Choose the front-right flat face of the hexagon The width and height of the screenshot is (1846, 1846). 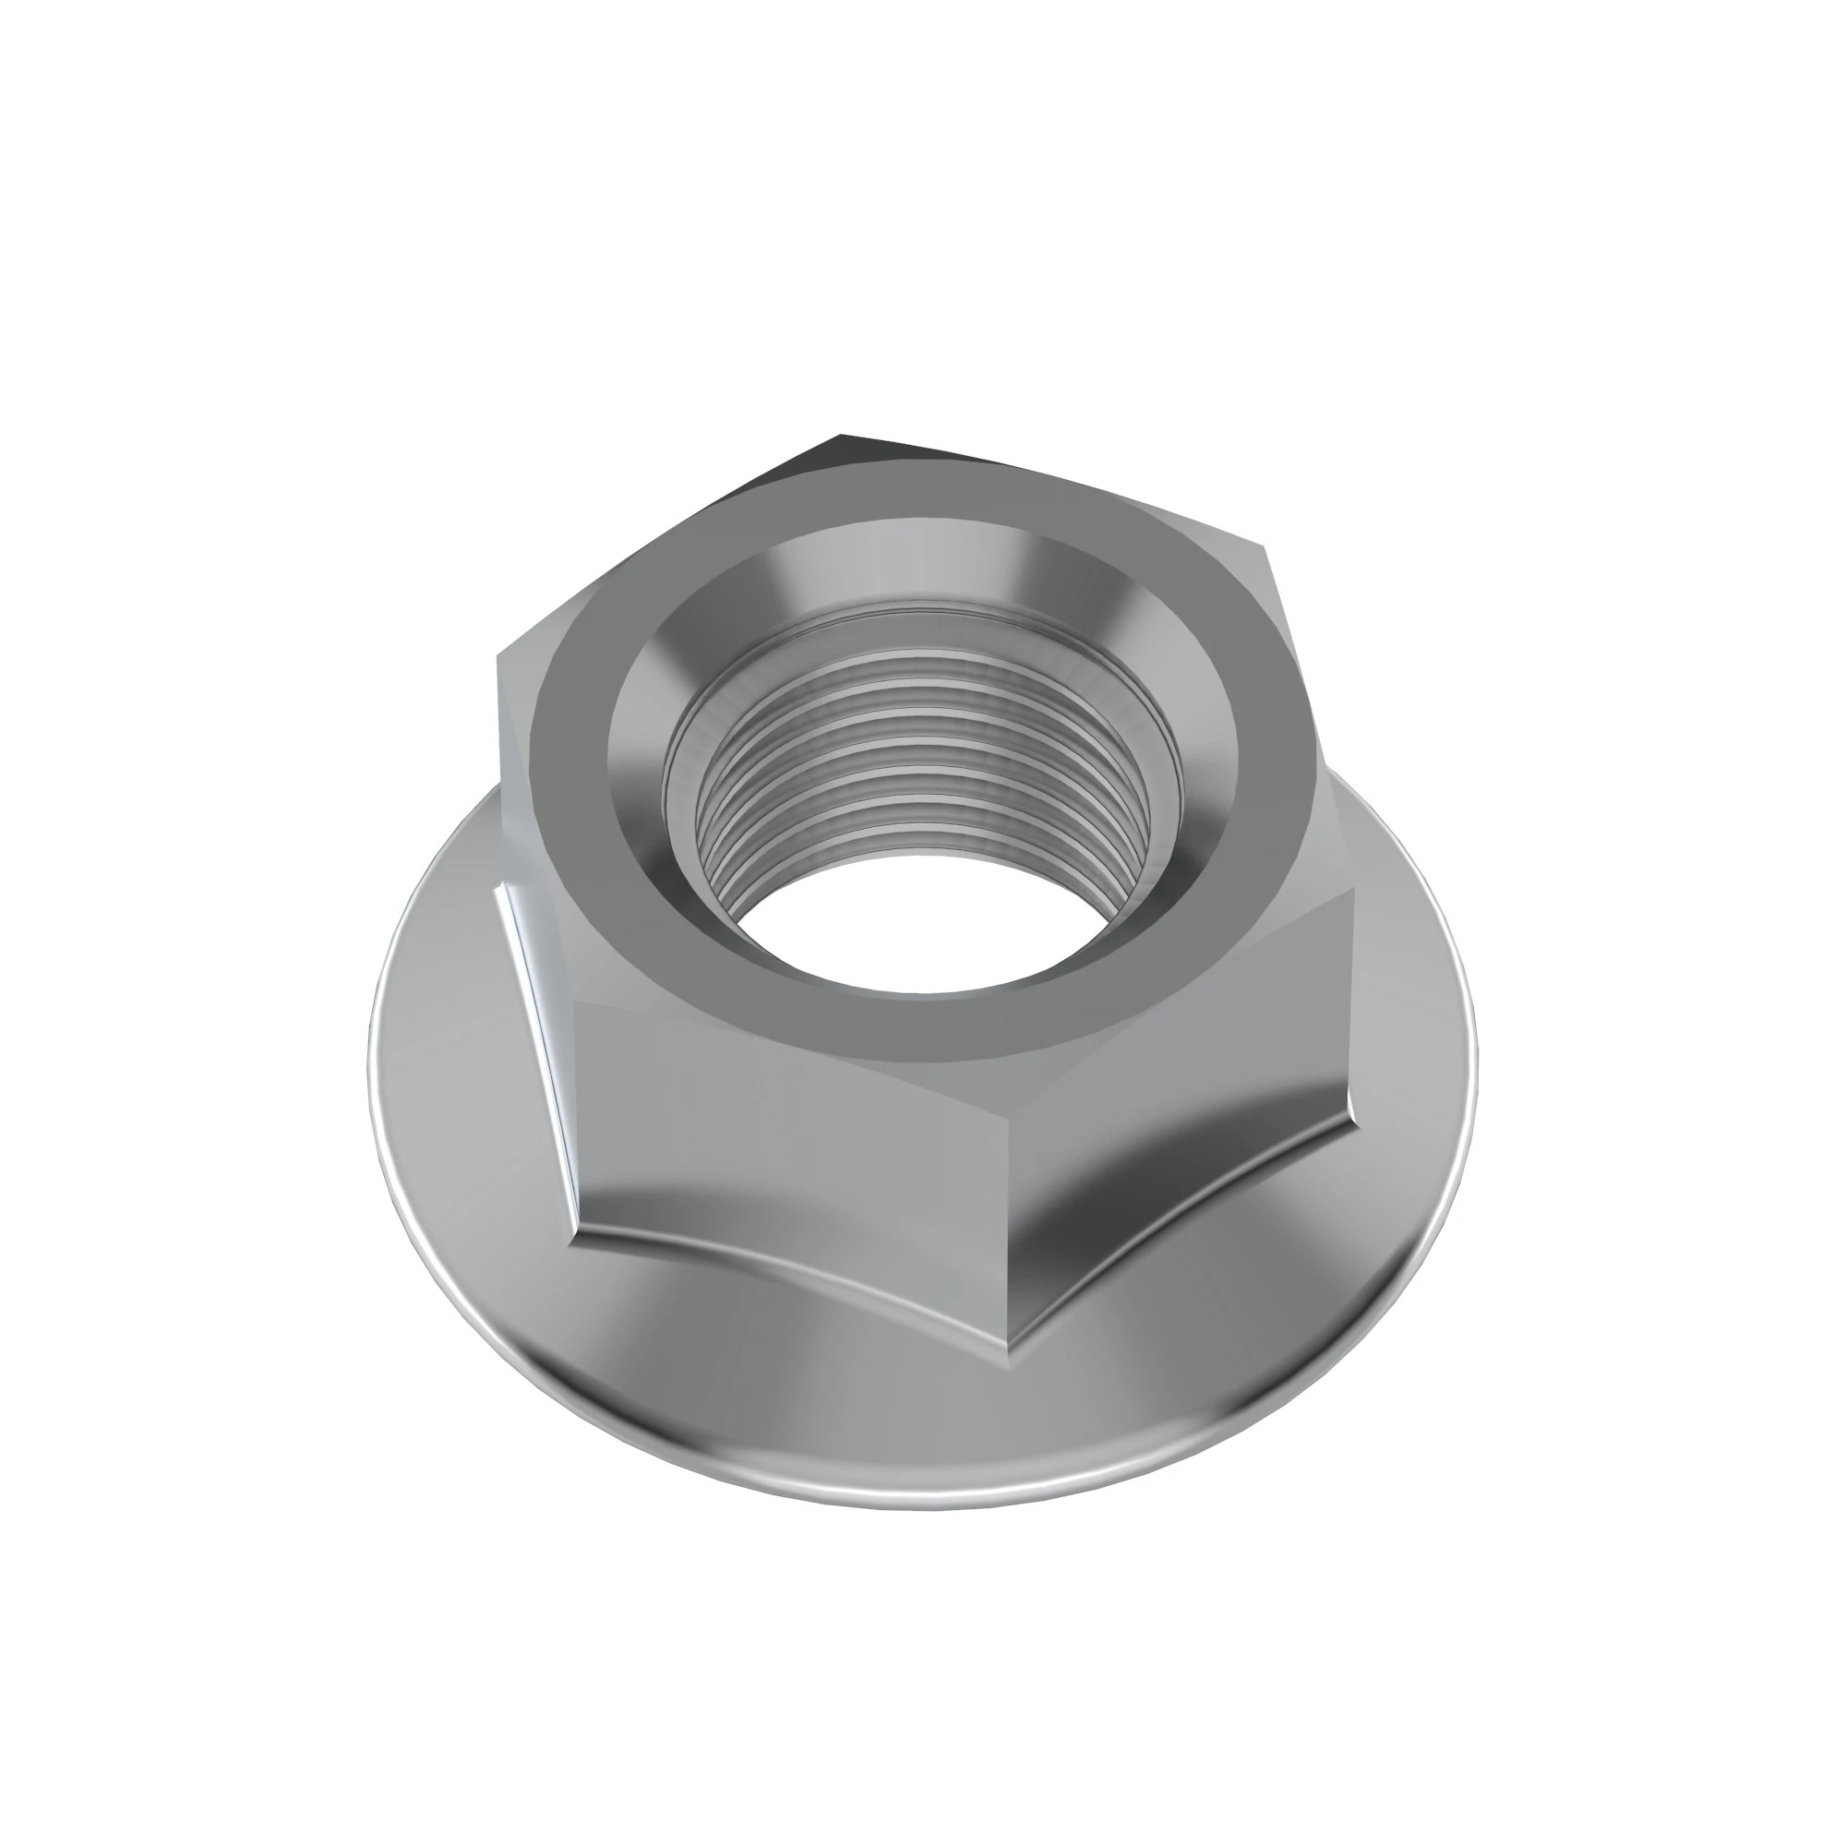(1175, 1098)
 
